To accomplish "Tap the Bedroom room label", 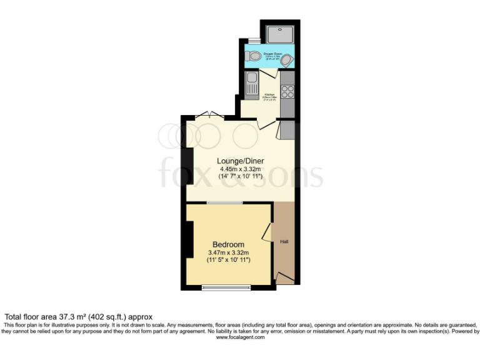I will click(x=228, y=244).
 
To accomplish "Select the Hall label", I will click(x=284, y=241).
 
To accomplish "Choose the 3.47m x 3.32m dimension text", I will click(x=229, y=252).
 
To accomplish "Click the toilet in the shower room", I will click(x=252, y=56).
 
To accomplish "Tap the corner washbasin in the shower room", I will click(x=288, y=60).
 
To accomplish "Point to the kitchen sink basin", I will click(x=251, y=79).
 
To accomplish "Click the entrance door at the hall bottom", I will click(x=284, y=277).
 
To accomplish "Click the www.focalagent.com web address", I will click(x=240, y=337).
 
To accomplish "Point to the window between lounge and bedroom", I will click(x=225, y=202).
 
